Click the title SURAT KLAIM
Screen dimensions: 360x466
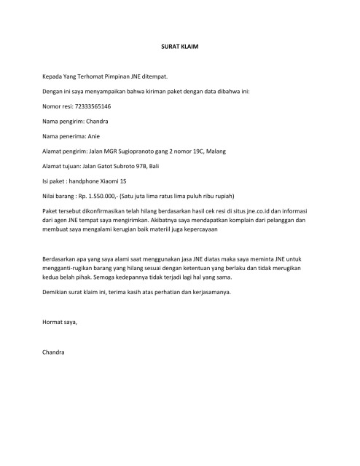pyautogui.click(x=179, y=47)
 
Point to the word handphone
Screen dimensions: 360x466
pyautogui.click(x=87, y=181)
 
